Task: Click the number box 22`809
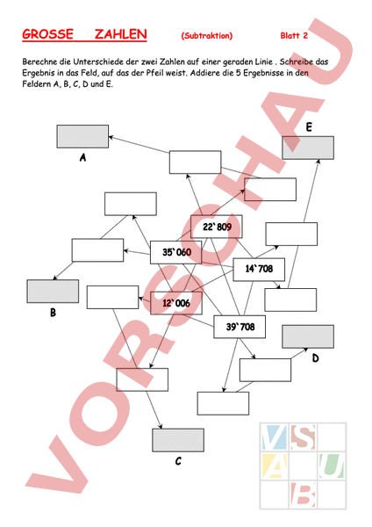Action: point(217,227)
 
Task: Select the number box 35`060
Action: point(176,252)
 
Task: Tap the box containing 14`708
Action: point(259,270)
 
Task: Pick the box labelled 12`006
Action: point(176,303)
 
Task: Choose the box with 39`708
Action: point(240,327)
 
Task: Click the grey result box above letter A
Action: point(82,136)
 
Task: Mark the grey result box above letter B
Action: point(53,292)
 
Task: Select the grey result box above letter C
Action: point(178,440)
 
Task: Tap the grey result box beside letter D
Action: point(308,336)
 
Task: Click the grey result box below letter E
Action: point(308,148)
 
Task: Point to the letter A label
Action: point(83,157)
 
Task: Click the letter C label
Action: point(178,461)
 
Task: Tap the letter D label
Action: point(315,358)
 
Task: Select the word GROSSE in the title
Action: point(47,34)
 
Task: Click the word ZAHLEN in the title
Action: point(120,34)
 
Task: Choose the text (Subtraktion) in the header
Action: point(207,36)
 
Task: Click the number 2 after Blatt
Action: point(305,36)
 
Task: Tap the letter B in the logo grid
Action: point(304,495)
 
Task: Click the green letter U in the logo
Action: point(332,466)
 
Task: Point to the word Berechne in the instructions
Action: point(38,61)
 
